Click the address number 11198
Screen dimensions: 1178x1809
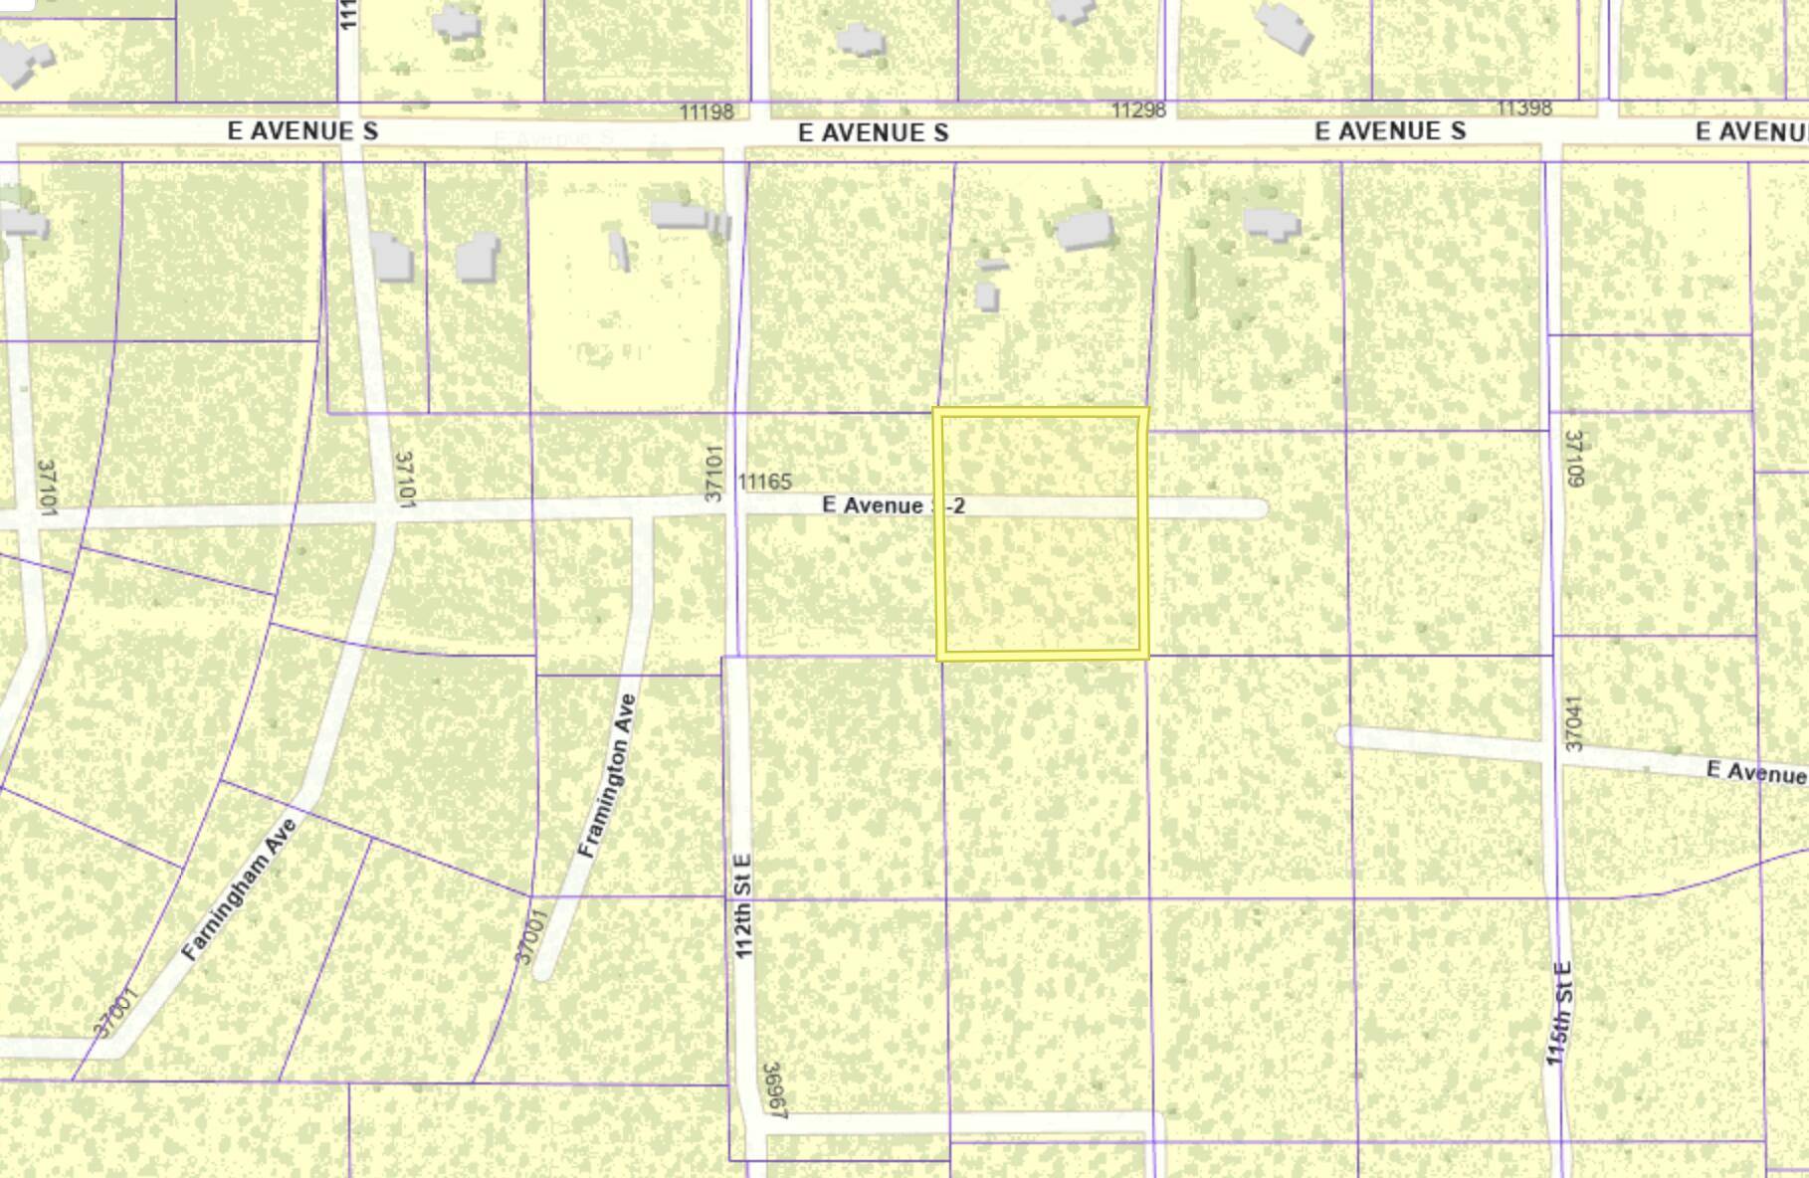point(706,111)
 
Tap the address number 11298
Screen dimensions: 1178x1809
point(1138,109)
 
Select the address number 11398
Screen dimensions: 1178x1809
point(1524,107)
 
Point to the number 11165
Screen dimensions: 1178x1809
point(764,482)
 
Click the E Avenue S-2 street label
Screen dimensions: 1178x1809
point(893,505)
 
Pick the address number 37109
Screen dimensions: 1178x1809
point(1574,458)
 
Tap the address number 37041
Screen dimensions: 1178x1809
point(1573,722)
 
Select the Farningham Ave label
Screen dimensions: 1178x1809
point(240,888)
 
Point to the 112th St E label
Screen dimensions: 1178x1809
point(744,905)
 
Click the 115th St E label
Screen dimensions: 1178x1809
point(1559,1013)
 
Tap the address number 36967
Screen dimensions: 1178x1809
point(774,1091)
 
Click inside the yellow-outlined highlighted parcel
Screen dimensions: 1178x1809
point(1041,577)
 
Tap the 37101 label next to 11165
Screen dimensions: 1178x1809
point(712,474)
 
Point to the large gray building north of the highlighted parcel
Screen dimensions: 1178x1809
point(1085,230)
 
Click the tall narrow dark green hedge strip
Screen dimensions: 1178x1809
point(1188,283)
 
